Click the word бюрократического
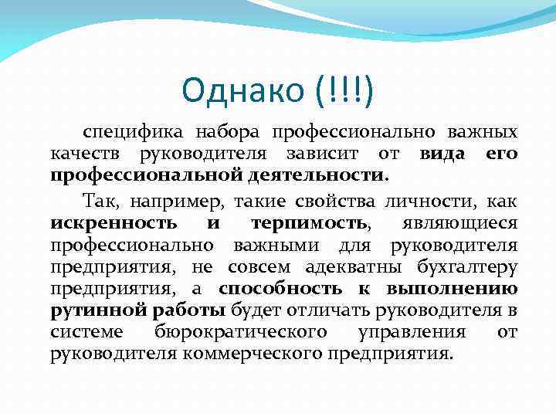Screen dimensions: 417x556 (241, 332)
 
